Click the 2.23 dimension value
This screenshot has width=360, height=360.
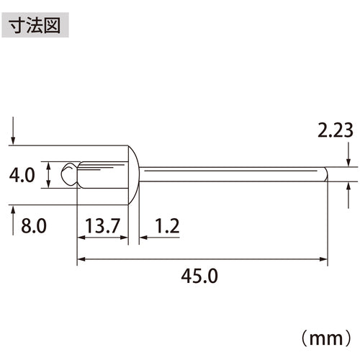(x=336, y=130)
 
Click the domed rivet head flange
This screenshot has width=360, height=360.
(x=134, y=175)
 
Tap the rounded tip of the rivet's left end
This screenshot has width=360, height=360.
(x=66, y=175)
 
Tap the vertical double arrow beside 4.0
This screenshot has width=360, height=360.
(x=48, y=175)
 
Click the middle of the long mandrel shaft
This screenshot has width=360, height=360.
(x=230, y=175)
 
